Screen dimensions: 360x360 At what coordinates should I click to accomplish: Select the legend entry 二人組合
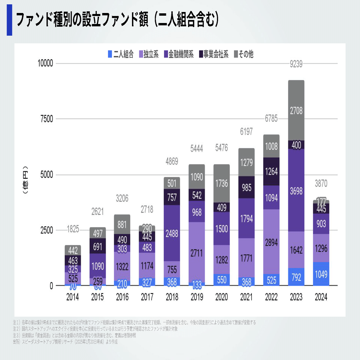(x=121, y=54)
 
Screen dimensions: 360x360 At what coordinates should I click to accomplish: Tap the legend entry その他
(x=244, y=54)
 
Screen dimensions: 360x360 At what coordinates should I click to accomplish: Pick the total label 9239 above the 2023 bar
(x=296, y=65)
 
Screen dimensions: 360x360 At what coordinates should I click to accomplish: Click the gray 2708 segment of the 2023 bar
(x=296, y=110)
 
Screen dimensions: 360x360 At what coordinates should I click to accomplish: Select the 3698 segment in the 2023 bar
(x=296, y=190)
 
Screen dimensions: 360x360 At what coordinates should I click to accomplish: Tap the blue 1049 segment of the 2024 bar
(x=321, y=274)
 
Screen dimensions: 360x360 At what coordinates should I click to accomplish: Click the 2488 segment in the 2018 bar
(x=172, y=233)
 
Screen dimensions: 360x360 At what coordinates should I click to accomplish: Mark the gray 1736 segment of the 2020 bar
(x=222, y=183)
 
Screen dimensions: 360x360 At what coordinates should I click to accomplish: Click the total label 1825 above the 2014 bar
(x=73, y=229)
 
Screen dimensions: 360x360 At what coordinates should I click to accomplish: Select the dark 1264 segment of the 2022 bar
(x=271, y=172)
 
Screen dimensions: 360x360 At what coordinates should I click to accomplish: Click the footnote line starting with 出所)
(x=65, y=342)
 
